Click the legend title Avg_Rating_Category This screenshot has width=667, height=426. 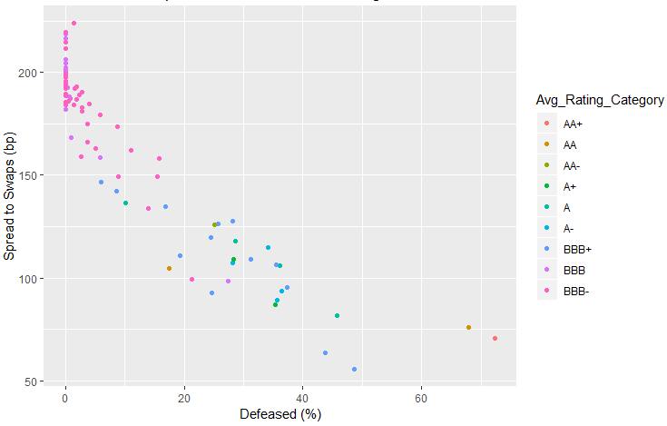pos(598,100)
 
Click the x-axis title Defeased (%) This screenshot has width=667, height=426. pos(280,414)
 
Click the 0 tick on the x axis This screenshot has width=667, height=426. pos(65,400)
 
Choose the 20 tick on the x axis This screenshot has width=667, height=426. pos(184,400)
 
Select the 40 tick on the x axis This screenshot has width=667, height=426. pos(303,400)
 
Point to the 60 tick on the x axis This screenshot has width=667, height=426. pos(421,400)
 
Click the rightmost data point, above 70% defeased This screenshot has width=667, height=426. pos(495,338)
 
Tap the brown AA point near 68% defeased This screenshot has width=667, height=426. pos(468,327)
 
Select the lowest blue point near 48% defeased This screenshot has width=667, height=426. pos(354,369)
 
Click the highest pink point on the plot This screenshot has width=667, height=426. pos(74,23)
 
